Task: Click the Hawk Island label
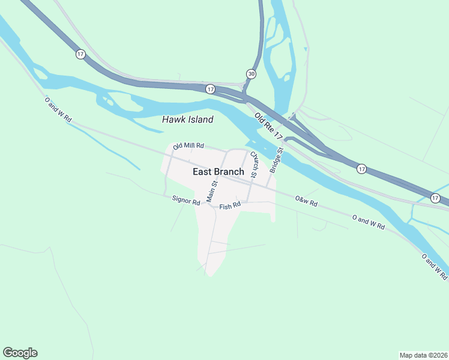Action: pos(187,119)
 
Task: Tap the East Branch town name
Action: pos(218,172)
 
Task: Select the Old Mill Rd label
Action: pos(188,146)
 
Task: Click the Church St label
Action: pos(254,165)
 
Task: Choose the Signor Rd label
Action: pos(185,200)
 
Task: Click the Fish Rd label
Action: pos(230,206)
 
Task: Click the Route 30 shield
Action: pos(250,74)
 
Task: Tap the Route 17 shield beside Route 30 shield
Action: pos(210,89)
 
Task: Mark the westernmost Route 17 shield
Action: pos(80,54)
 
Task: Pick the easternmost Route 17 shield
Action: pos(435,197)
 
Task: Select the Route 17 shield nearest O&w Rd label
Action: pos(361,169)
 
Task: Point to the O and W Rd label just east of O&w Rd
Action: pos(368,221)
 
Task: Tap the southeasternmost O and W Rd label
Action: pos(435,267)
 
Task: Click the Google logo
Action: pos(20,353)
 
